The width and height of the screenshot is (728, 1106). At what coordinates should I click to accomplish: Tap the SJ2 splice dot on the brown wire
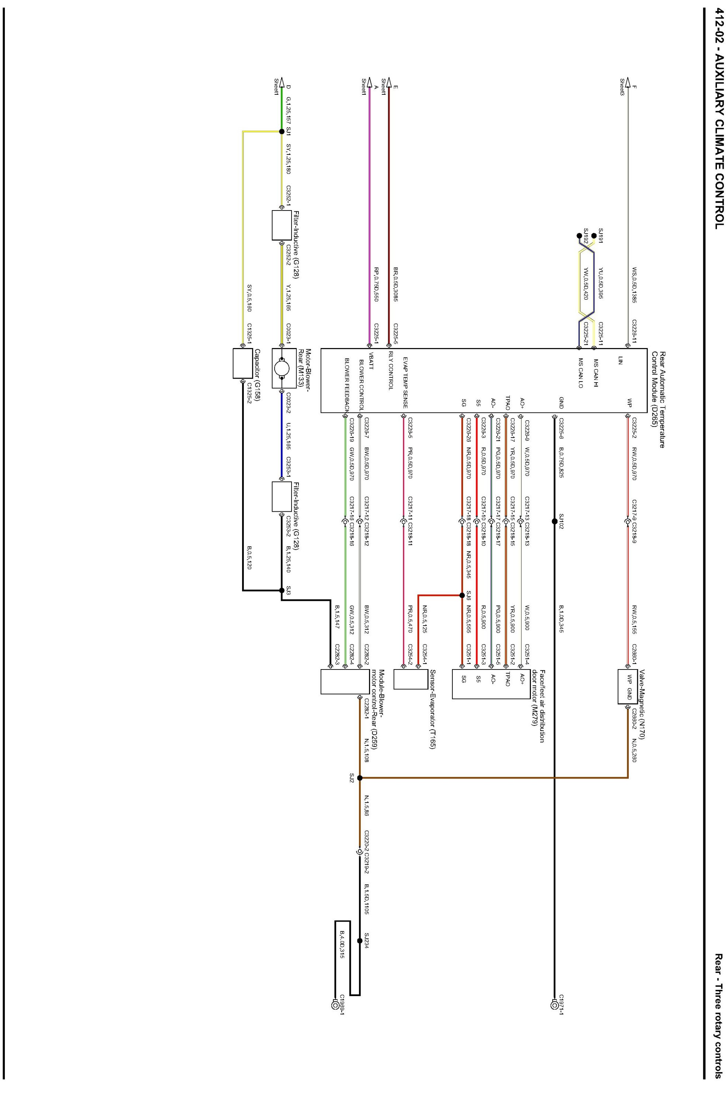click(360, 778)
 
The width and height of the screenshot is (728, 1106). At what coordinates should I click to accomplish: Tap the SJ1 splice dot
click(282, 132)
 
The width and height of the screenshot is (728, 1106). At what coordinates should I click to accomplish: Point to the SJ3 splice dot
click(282, 590)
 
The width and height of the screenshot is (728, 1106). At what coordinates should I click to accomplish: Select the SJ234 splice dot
click(360, 940)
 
